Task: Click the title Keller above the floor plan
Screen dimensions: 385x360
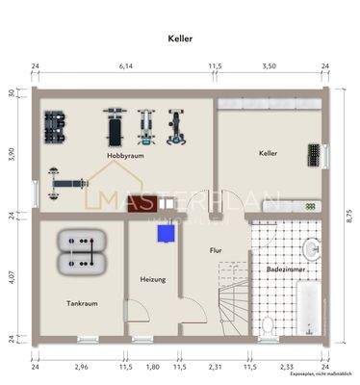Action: coord(180,39)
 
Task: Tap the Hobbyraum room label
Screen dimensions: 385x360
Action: coord(125,154)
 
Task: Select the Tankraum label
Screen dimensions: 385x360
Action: coord(82,302)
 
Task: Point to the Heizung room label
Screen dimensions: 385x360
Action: coord(152,279)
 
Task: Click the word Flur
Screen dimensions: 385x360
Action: coord(216,250)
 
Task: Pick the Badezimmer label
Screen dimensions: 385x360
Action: coord(288,270)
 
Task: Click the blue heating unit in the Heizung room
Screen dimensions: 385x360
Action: coord(169,232)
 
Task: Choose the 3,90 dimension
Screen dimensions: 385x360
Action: coord(12,154)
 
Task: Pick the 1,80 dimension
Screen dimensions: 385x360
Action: coord(152,367)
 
